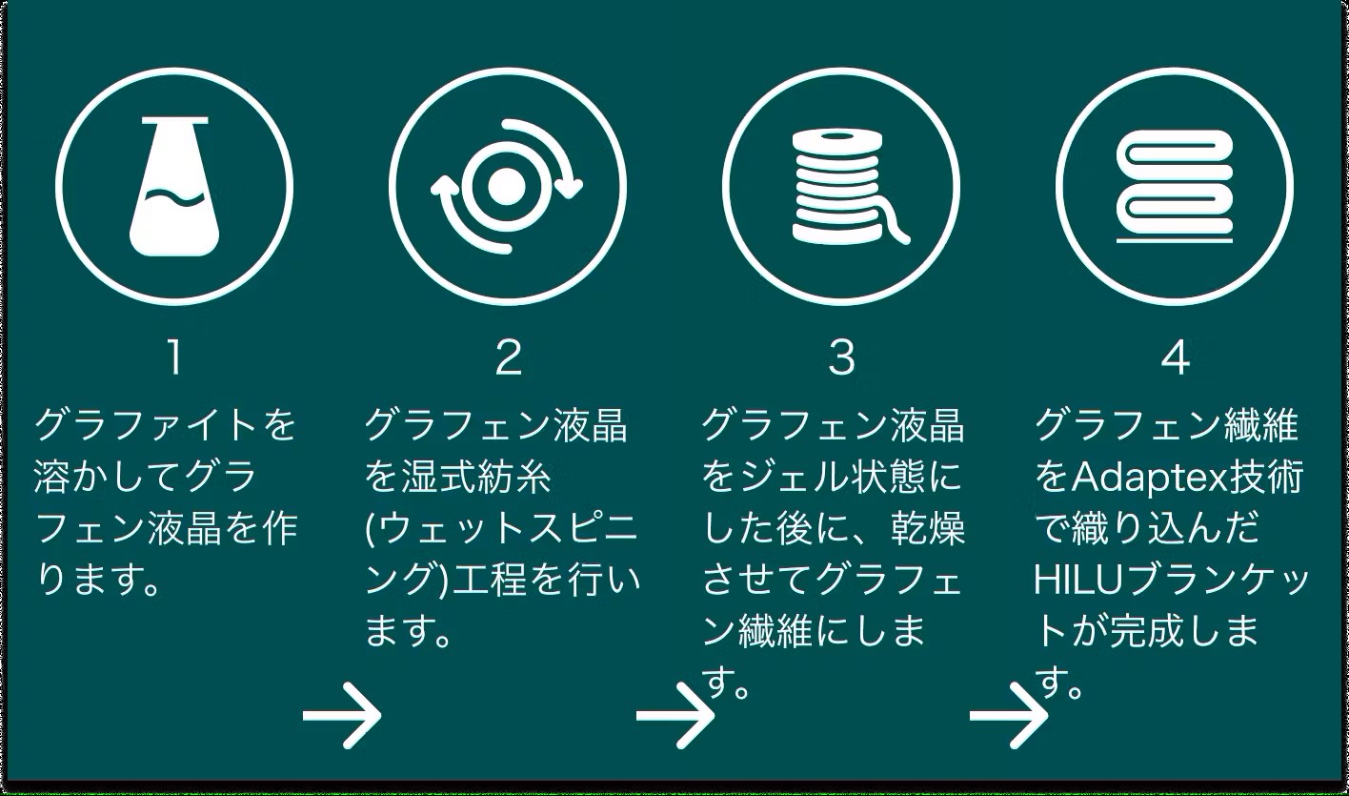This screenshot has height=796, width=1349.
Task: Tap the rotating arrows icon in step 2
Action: [x=507, y=186]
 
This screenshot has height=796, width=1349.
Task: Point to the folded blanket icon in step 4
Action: [x=1175, y=187]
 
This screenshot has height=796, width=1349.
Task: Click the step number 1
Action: [x=173, y=357]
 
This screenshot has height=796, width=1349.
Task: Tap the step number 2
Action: [x=508, y=357]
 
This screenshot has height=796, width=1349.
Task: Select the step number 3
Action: [x=841, y=357]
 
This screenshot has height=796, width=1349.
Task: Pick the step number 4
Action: [x=1175, y=357]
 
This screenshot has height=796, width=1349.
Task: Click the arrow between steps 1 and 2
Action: [x=342, y=715]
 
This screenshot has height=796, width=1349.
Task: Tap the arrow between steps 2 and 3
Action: [x=675, y=715]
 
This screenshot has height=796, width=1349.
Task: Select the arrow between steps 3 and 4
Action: [x=1009, y=715]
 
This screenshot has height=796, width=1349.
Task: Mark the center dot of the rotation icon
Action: [x=507, y=186]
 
